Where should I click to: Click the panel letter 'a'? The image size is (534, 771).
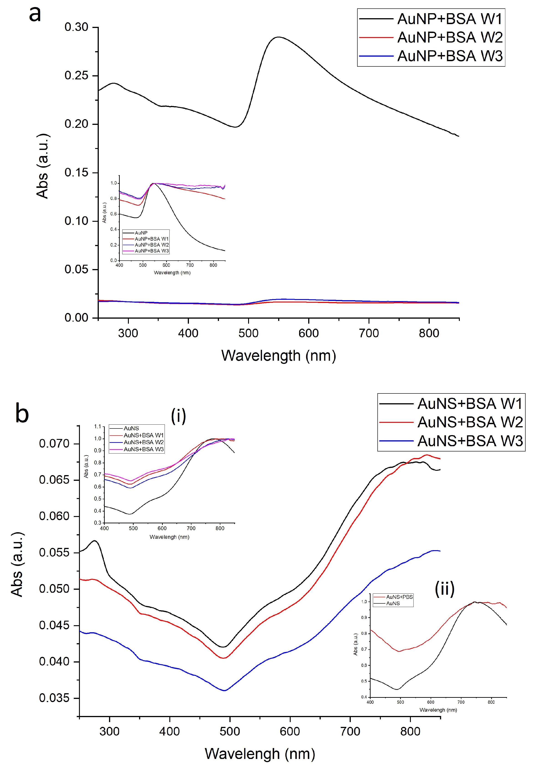coord(35,14)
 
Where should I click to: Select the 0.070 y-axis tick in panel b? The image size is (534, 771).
coord(54,444)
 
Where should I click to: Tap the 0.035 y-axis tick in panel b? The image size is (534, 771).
coord(54,698)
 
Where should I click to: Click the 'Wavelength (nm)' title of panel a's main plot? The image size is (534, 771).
coord(278,355)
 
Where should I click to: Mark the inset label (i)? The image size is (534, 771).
coord(178,416)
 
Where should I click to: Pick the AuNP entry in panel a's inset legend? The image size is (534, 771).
coord(141,233)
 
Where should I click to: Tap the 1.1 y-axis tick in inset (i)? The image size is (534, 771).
coord(97,426)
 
